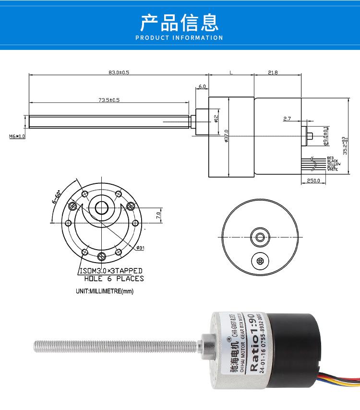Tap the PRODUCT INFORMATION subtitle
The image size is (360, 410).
(x=180, y=37)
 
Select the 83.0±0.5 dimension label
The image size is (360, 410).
(x=119, y=72)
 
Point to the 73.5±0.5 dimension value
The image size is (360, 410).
(x=109, y=100)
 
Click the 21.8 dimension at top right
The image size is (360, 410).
(x=273, y=72)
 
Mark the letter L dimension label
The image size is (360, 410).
(x=231, y=72)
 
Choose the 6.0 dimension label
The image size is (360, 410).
(x=202, y=86)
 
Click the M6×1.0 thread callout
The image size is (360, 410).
(x=17, y=136)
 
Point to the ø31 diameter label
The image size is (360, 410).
(x=141, y=248)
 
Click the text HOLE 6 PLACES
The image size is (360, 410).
(x=114, y=278)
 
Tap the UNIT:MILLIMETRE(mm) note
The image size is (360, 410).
(x=104, y=291)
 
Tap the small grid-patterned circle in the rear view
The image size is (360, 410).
(x=261, y=261)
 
